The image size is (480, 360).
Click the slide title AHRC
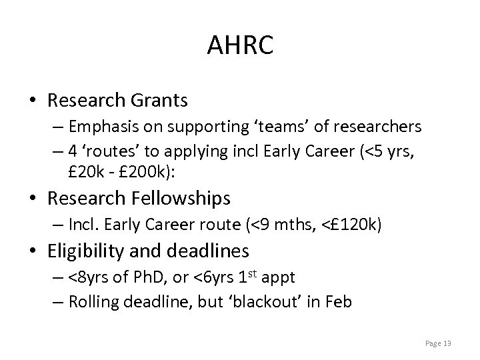[239, 46]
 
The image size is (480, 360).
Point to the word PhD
[146, 277]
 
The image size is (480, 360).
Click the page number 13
[447, 343]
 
